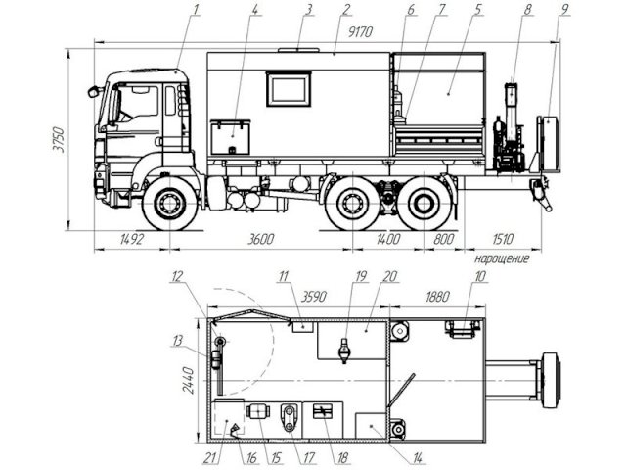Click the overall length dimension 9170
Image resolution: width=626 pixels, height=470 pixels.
(360, 32)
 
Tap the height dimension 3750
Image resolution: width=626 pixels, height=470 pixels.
(59, 139)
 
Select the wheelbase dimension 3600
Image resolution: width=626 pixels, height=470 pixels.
(261, 239)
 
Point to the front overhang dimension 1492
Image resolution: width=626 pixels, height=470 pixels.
(132, 239)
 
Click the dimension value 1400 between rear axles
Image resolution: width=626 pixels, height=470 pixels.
(388, 239)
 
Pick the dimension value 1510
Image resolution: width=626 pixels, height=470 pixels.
(503, 239)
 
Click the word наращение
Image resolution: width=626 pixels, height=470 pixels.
(502, 258)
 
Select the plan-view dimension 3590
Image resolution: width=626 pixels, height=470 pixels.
(314, 297)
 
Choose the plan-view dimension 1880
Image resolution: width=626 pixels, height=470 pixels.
(437, 297)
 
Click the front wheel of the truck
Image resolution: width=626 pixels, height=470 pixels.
(170, 203)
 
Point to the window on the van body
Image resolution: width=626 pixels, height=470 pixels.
(289, 89)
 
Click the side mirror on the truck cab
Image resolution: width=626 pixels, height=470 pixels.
(93, 91)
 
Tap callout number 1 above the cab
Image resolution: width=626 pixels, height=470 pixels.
(196, 9)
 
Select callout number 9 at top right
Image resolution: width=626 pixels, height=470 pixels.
(564, 9)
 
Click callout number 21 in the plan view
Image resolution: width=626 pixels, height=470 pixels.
(209, 458)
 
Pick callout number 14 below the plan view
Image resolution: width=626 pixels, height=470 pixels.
(418, 458)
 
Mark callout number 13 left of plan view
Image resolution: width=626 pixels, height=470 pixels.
(177, 341)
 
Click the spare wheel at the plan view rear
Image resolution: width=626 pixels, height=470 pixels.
(551, 380)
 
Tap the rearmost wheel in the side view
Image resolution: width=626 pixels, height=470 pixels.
(423, 204)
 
